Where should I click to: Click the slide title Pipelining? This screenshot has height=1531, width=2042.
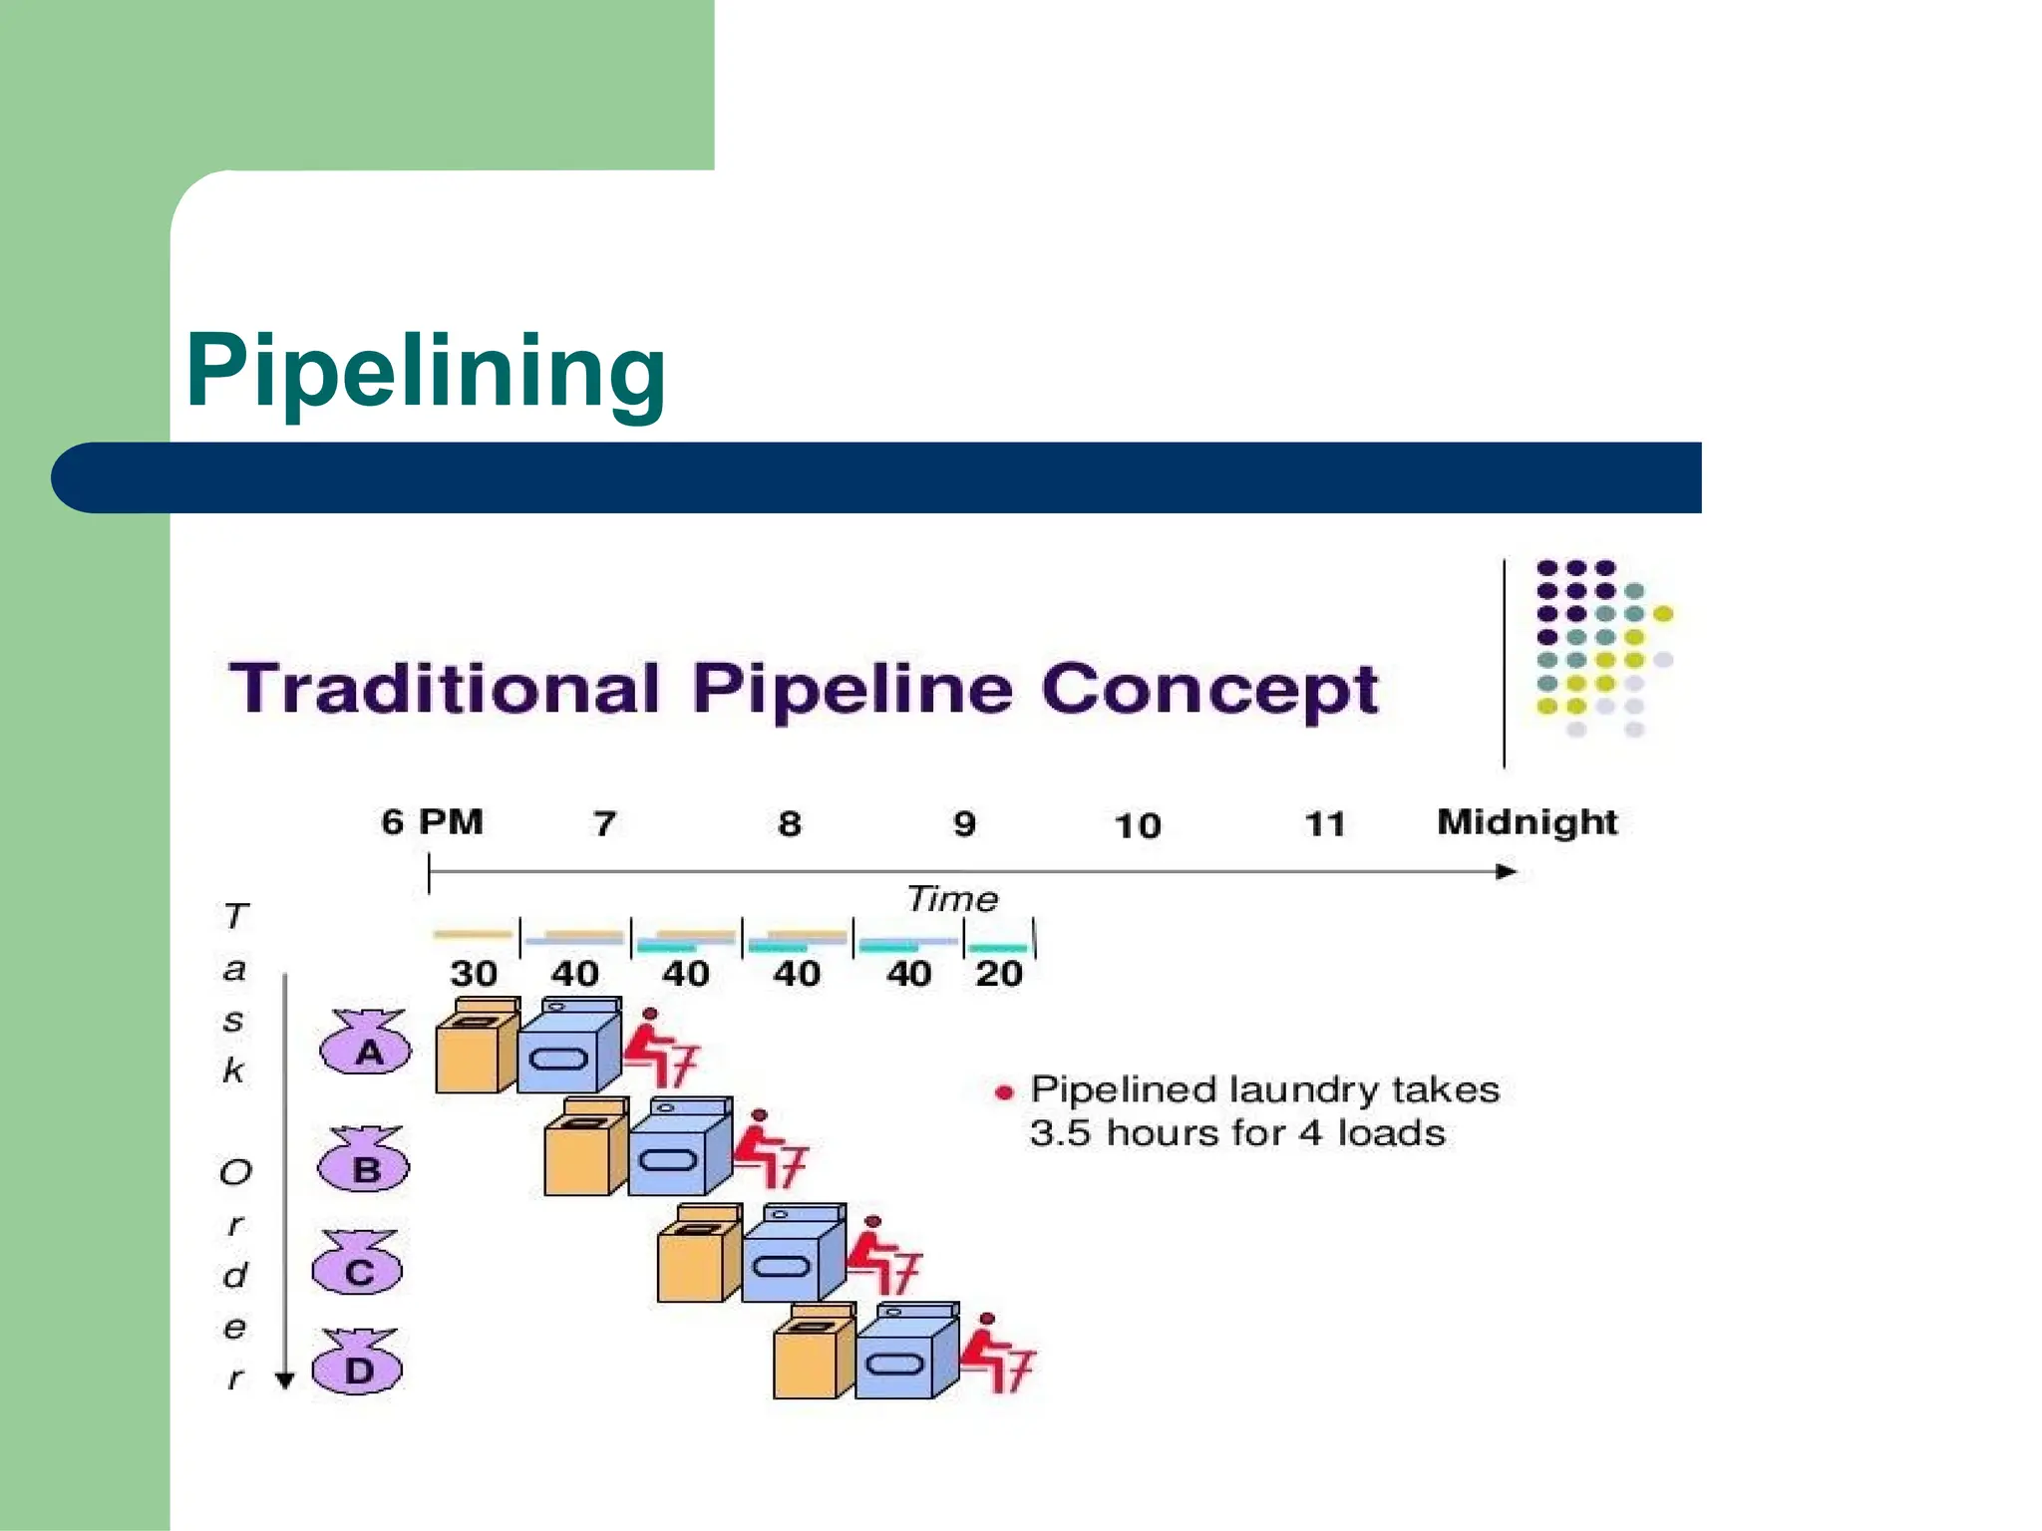coord(426,372)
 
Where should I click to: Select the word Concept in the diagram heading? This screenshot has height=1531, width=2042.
coord(1209,690)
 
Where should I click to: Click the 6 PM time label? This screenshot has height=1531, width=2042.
coord(432,822)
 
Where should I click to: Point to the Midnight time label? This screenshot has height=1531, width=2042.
coord(1527,822)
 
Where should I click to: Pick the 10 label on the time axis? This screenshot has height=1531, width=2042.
coord(1138,825)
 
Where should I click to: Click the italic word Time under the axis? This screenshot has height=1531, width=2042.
coord(952,899)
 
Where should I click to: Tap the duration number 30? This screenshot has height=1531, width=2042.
coord(474,973)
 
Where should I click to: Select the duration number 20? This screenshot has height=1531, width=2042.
coord(998,973)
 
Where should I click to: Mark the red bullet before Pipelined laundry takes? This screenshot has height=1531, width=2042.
coord(1004,1092)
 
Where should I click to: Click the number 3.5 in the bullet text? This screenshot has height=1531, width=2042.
coord(1060,1133)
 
